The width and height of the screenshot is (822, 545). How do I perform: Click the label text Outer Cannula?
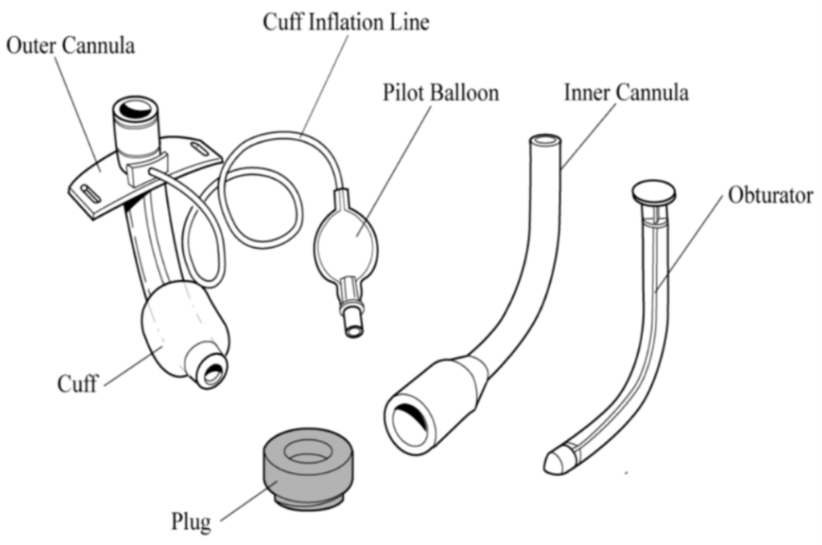(71, 45)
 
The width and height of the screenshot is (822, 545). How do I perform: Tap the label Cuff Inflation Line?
(346, 22)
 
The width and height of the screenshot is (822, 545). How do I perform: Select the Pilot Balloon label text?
(441, 92)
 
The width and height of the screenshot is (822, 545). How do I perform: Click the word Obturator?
(771, 195)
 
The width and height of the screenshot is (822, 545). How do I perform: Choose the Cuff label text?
(77, 383)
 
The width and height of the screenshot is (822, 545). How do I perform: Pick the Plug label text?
(191, 522)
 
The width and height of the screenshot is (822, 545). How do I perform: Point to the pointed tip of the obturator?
(553, 463)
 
